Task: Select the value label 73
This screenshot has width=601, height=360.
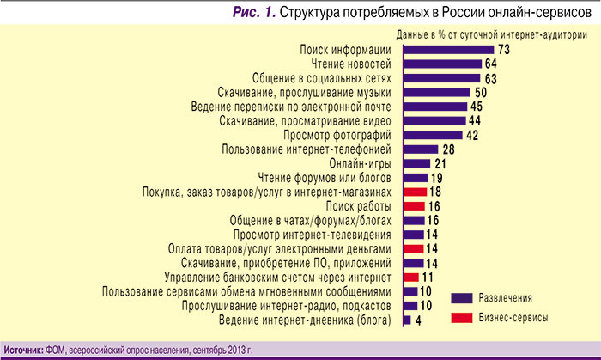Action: point(504,50)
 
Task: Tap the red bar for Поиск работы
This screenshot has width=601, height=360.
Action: point(414,206)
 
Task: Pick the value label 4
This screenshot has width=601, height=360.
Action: point(418,320)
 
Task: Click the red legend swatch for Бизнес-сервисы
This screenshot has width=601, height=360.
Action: point(464,317)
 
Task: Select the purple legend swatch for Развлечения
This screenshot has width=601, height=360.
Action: point(464,298)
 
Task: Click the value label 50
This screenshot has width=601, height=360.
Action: point(481,92)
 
